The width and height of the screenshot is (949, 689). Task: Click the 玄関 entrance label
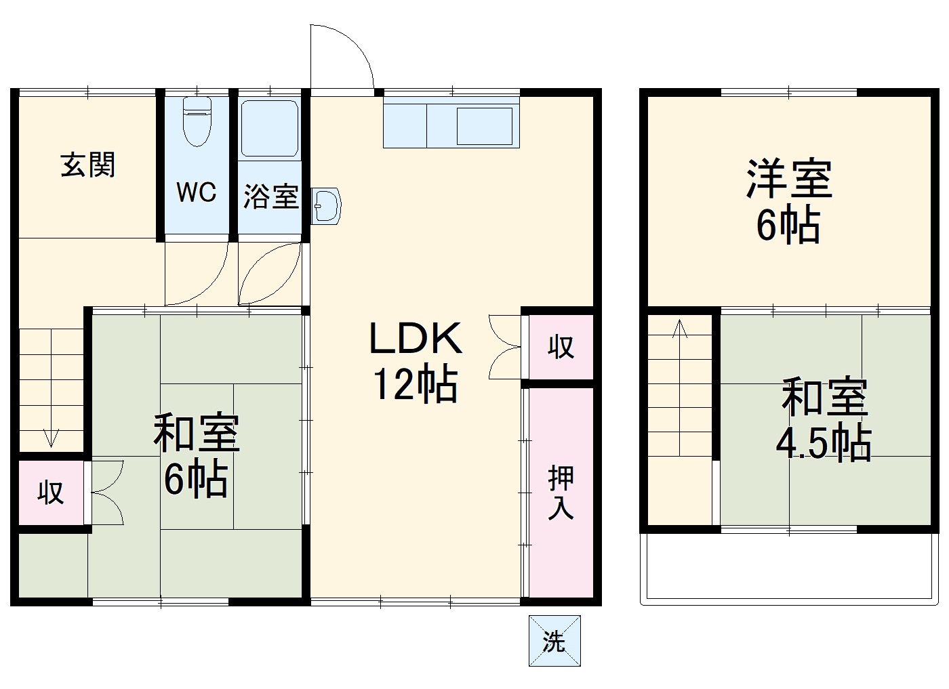88,165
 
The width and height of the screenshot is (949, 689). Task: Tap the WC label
196,192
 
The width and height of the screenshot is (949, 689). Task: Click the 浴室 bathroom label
270,196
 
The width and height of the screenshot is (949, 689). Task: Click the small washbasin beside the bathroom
327,205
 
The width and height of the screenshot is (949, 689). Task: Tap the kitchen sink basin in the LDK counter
484,125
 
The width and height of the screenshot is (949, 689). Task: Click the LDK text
415,339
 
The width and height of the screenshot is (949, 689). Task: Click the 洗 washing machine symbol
554,641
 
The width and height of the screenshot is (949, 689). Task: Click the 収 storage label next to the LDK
561,347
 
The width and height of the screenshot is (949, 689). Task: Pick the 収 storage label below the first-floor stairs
51,493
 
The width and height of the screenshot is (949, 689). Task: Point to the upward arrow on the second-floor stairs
679,330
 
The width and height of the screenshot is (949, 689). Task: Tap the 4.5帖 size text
823,443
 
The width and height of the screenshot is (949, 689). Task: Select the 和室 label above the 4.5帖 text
824,398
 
